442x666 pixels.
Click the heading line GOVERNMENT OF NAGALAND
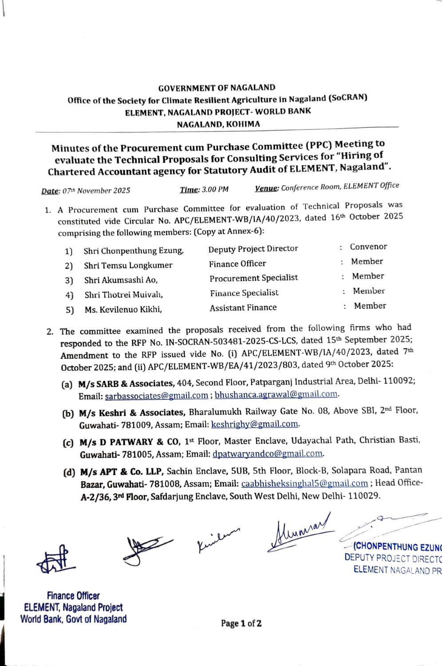pyautogui.click(x=217, y=88)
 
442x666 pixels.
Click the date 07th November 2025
pyautogui.click(x=96, y=191)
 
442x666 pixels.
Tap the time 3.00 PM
pyautogui.click(x=215, y=190)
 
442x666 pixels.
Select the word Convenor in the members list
pyautogui.click(x=368, y=247)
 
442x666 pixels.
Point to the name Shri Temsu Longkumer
pyautogui.click(x=128, y=266)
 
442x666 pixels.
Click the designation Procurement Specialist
pyautogui.click(x=254, y=278)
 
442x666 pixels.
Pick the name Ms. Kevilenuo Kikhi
pyautogui.click(x=123, y=309)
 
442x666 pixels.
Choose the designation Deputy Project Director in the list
pyautogui.click(x=253, y=249)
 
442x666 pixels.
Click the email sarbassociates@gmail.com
pyautogui.click(x=156, y=396)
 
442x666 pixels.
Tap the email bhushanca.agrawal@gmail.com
pyautogui.click(x=276, y=394)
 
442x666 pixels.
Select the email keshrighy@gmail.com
pyautogui.click(x=255, y=424)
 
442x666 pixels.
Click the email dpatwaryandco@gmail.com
pyautogui.click(x=268, y=454)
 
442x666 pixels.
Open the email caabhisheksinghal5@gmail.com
pyautogui.click(x=304, y=484)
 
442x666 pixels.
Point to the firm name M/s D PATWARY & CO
pyautogui.click(x=130, y=442)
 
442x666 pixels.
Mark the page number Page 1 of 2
pyautogui.click(x=241, y=623)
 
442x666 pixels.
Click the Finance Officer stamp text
pyautogui.click(x=73, y=596)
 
